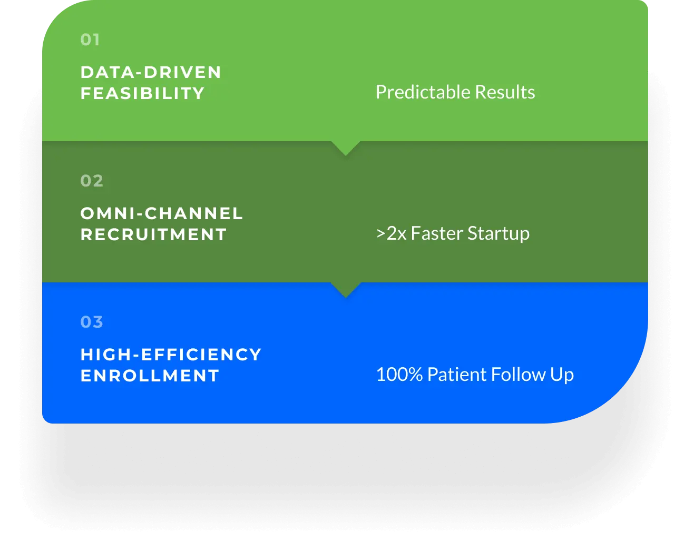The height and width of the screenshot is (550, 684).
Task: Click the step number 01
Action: click(90, 40)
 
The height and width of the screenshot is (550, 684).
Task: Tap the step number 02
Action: click(92, 181)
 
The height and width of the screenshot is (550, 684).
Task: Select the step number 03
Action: click(92, 322)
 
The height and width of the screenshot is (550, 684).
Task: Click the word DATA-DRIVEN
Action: click(151, 72)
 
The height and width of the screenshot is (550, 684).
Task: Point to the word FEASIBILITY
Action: click(142, 93)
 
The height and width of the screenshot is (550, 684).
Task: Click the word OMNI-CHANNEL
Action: click(162, 213)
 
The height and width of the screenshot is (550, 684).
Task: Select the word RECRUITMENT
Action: click(153, 234)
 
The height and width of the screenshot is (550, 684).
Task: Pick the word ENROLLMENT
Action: click(150, 376)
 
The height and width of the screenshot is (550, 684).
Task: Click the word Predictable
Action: click(423, 92)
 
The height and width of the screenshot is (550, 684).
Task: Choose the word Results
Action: click(505, 92)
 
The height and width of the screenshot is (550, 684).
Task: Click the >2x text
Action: click(391, 233)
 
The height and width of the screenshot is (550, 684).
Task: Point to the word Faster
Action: click(437, 233)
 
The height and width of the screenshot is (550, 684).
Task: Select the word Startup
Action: click(499, 234)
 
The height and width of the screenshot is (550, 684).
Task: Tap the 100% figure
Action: click(399, 374)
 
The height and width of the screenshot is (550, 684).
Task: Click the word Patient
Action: click(457, 374)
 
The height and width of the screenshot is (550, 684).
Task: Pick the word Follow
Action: click(519, 374)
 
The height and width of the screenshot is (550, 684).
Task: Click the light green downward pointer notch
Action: click(346, 148)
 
